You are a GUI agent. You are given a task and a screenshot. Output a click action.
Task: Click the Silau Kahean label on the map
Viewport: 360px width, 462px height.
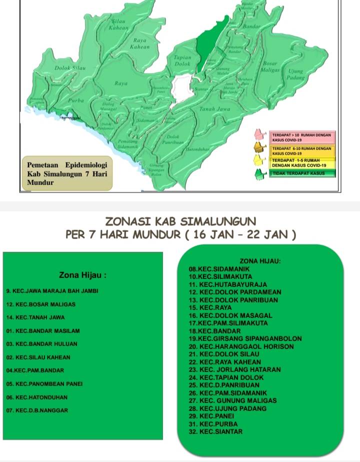pos(118,25)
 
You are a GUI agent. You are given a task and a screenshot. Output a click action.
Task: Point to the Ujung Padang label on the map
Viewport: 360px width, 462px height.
pos(296,74)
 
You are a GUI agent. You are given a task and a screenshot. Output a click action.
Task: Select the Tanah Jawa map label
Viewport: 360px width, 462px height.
pos(214,108)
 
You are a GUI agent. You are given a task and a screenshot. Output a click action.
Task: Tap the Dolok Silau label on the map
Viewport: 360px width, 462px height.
pos(69,67)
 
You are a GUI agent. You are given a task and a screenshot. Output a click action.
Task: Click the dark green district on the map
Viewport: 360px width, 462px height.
pos(205,42)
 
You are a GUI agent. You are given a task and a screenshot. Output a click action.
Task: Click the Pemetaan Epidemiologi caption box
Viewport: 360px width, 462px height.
pos(67,173)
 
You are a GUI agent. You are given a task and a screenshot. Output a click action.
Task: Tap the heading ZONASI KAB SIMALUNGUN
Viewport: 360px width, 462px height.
pos(180,221)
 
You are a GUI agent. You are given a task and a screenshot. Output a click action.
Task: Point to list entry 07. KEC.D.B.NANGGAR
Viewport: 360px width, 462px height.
pos(37,410)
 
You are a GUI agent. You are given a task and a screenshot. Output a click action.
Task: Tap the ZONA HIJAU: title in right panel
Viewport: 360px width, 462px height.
pos(260,260)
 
